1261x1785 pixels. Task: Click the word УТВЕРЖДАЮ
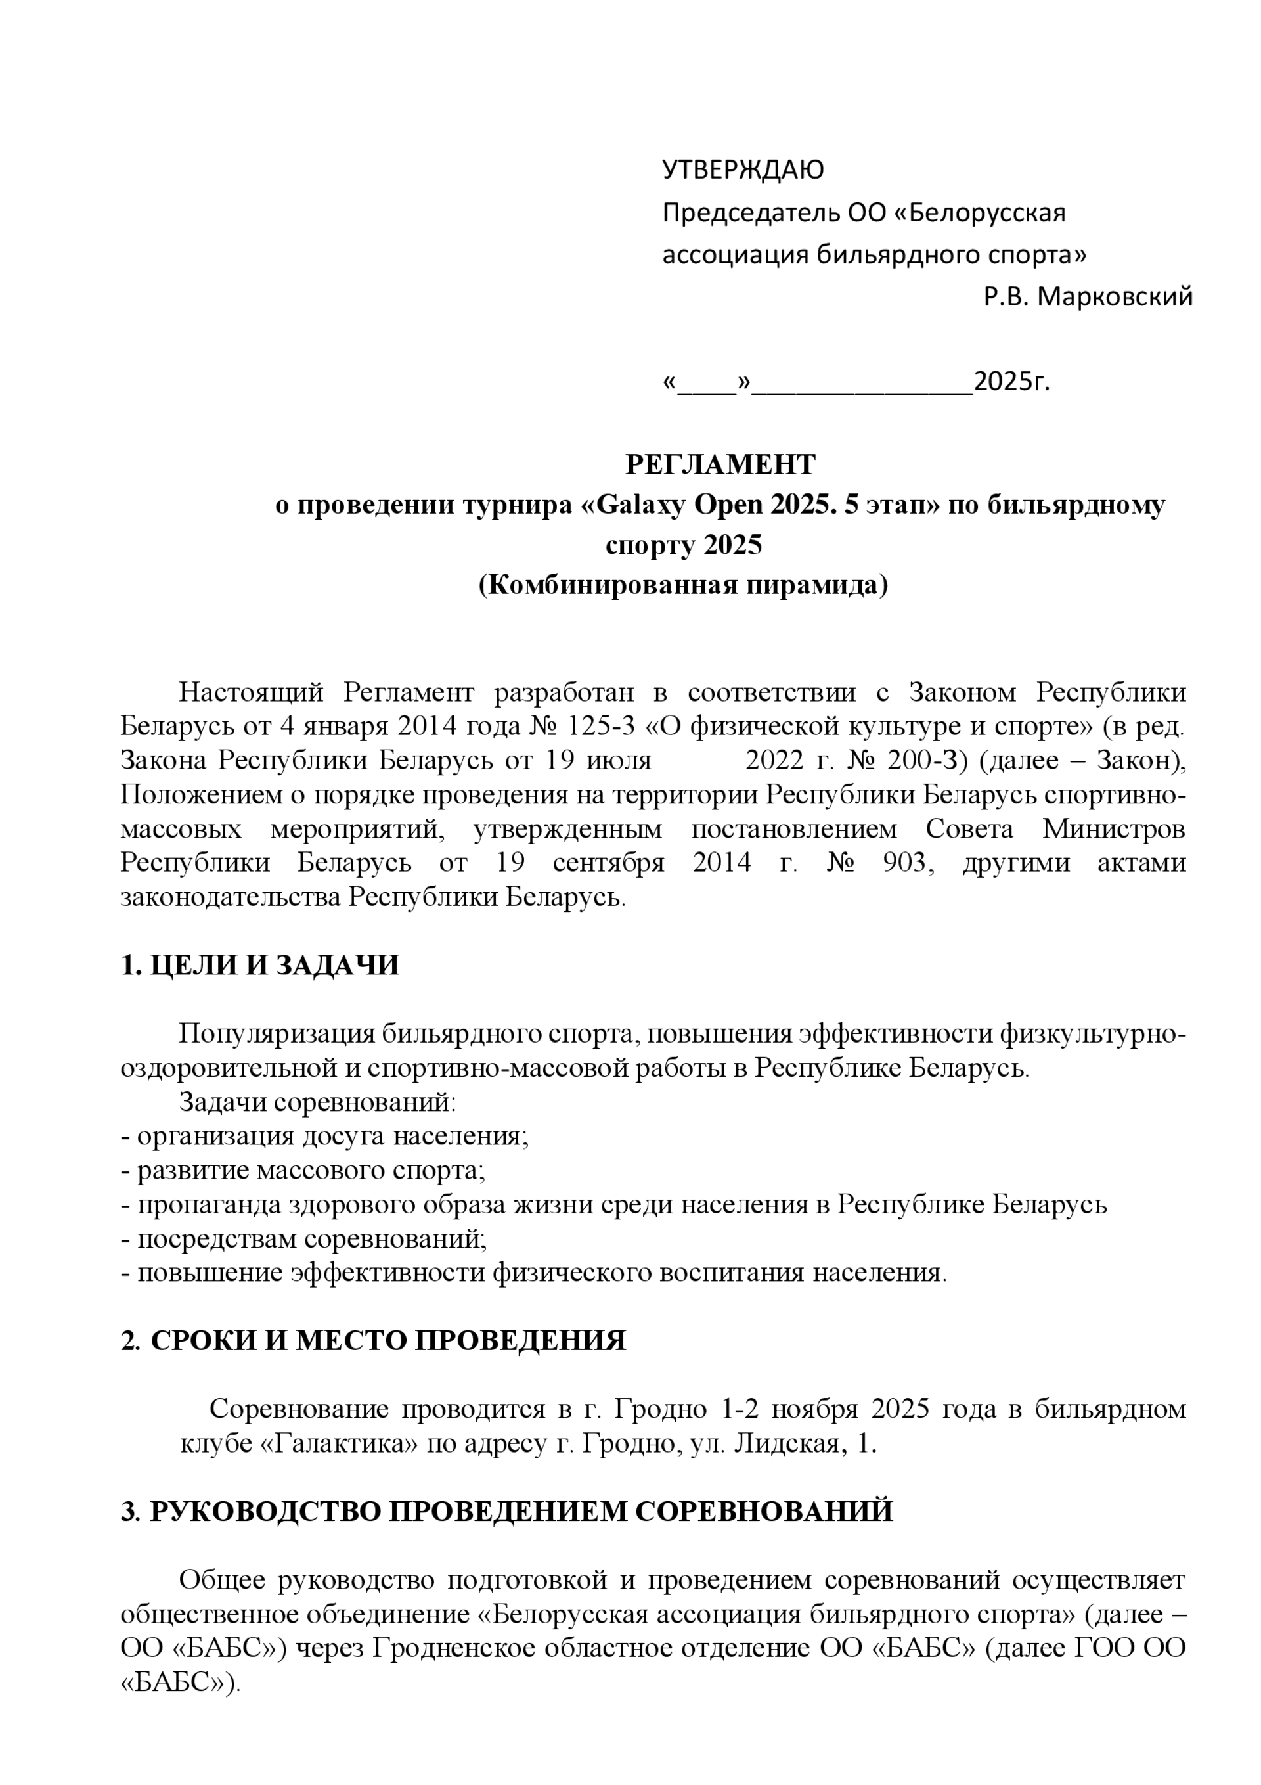click(x=742, y=169)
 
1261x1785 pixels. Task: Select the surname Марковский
click(x=1115, y=296)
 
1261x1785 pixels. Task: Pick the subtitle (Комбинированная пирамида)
click(x=682, y=585)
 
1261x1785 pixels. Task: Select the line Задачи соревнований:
click(x=317, y=1102)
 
